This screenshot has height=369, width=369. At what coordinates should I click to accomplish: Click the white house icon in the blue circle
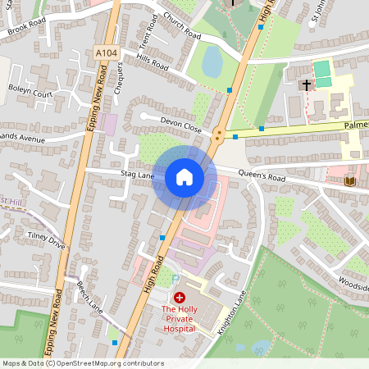click(x=184, y=176)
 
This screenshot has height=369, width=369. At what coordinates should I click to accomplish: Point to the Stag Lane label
click(x=137, y=175)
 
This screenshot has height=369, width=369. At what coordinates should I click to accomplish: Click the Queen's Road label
click(x=262, y=175)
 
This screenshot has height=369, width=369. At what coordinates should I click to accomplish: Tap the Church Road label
click(x=181, y=27)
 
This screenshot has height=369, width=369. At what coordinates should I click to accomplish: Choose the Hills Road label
click(x=153, y=62)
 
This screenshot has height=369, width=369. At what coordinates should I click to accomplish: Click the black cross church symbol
click(x=307, y=84)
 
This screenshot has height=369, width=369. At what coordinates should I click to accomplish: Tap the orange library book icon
click(x=352, y=180)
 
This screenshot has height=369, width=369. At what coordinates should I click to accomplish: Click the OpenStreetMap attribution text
click(x=82, y=363)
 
